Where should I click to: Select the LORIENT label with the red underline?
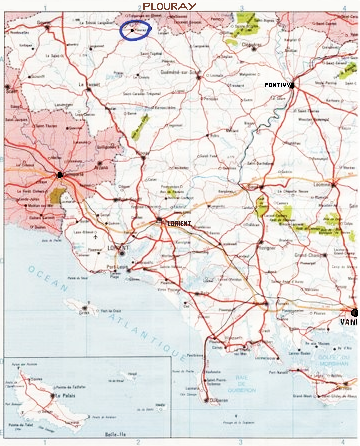(x=179, y=223)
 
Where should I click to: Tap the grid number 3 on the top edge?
(x=241, y=6)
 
